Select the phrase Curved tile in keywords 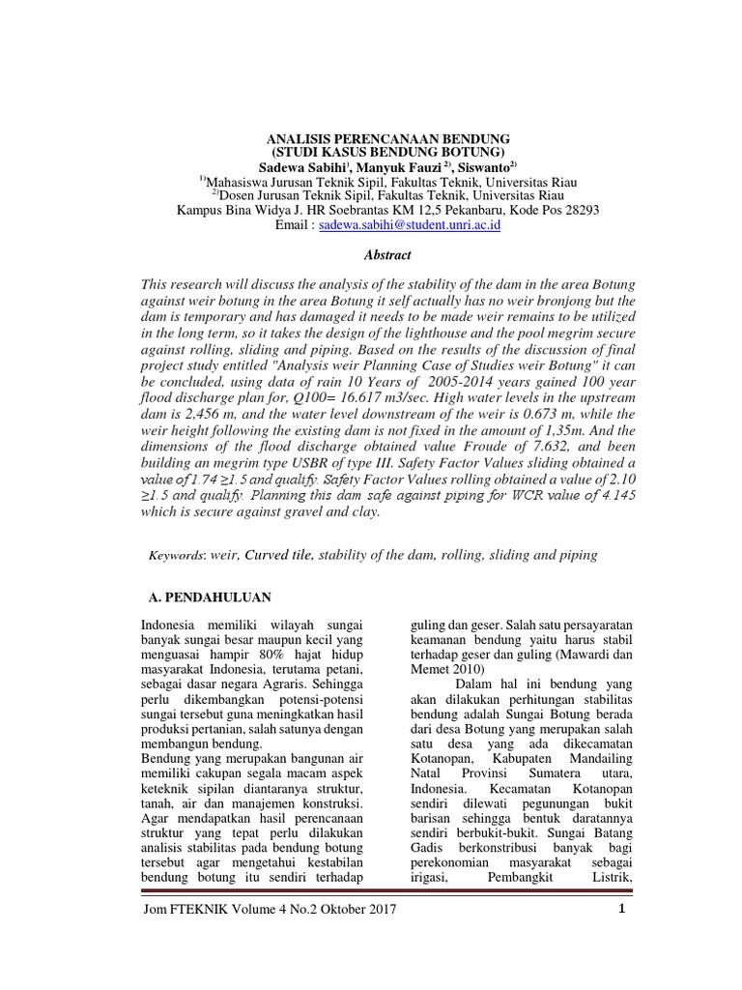[278, 555]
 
